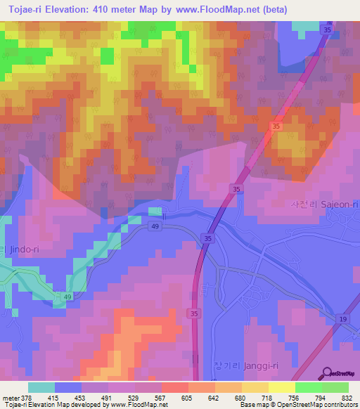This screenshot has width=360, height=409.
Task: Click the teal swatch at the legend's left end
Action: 41,387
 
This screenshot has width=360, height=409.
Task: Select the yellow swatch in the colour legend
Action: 281,387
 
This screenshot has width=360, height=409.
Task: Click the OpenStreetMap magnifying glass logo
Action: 327,374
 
